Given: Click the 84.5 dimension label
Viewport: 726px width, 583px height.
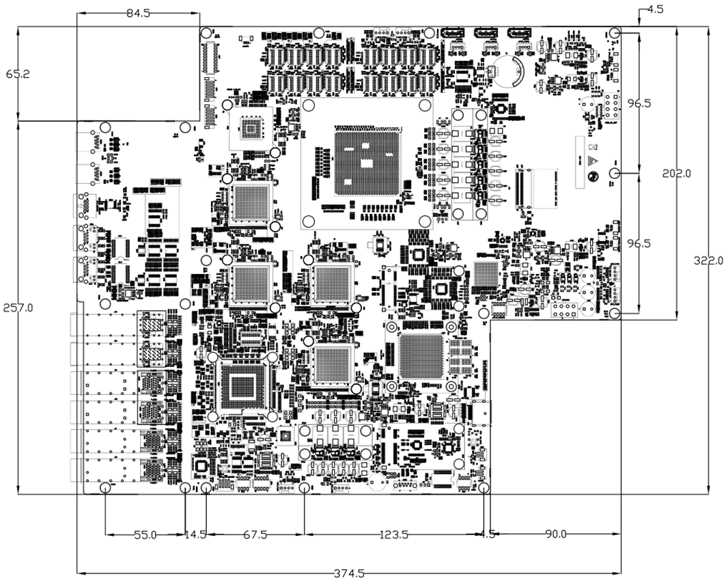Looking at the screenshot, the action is tap(138, 13).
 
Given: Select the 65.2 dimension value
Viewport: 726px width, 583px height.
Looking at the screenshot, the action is tap(18, 74).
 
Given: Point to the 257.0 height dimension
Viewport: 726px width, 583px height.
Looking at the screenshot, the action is tap(18, 308).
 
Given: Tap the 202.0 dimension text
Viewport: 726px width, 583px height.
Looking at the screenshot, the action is tap(676, 174).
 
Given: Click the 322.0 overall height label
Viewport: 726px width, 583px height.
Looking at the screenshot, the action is tap(708, 261).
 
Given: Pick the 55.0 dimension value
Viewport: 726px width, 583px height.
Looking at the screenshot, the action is tap(145, 535).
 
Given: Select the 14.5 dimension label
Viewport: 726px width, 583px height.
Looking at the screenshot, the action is tap(195, 535).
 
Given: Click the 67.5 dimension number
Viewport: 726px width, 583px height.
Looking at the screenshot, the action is tap(255, 535).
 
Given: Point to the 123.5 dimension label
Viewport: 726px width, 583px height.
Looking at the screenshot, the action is tap(393, 535).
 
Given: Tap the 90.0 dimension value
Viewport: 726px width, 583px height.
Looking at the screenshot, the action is tap(555, 534).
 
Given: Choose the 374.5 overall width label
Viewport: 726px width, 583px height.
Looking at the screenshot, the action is tap(348, 573).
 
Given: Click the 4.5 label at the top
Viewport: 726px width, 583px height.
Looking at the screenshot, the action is tap(655, 9).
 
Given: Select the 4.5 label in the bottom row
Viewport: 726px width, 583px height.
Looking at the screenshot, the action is tap(488, 535).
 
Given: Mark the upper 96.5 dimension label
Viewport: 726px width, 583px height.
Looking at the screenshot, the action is tap(639, 103).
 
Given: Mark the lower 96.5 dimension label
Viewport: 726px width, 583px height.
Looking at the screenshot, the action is tap(639, 243).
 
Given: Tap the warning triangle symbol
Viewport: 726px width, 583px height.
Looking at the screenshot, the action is tap(592, 161).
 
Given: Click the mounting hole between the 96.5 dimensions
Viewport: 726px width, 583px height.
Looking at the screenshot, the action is tap(615, 174).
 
